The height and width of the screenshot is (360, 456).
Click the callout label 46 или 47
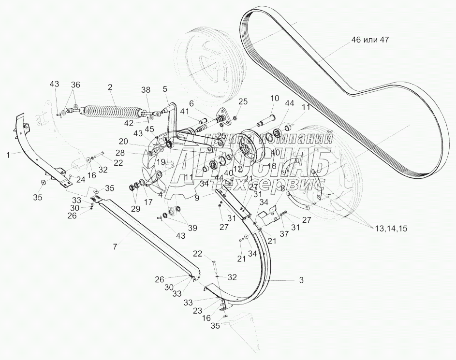click(369, 40)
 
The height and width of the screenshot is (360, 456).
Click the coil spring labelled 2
click(112, 112)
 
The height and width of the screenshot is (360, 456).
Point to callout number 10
click(274, 99)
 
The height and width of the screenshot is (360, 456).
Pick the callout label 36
click(75, 84)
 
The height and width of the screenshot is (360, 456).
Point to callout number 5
click(165, 90)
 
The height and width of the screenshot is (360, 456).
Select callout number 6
click(191, 103)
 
